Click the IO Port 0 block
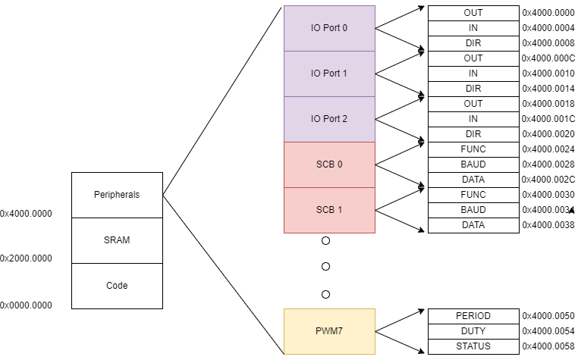point(329,28)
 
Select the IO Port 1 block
point(329,74)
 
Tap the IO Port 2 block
point(329,119)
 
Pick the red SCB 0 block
point(329,164)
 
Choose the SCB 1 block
point(329,210)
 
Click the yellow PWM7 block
point(329,331)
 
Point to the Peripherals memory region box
point(117,195)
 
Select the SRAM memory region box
point(117,240)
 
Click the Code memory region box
point(117,286)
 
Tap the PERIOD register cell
point(473,316)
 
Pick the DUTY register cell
point(473,331)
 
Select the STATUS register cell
point(473,346)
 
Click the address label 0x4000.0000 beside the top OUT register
point(548,13)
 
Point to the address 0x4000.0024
point(548,149)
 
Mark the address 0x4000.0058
point(548,346)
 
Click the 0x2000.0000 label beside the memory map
point(27,258)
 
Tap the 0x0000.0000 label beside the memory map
point(27,305)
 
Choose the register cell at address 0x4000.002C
point(473,180)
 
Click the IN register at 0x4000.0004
point(473,28)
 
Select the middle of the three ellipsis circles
point(325,267)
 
